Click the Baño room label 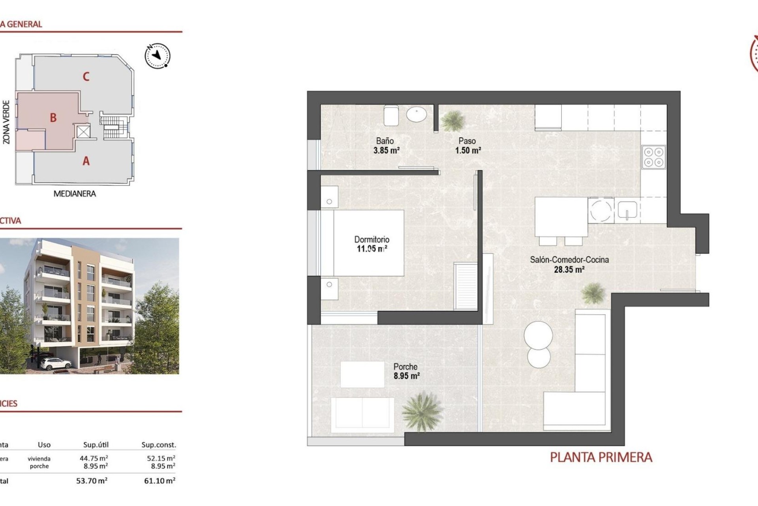385,141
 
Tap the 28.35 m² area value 569,270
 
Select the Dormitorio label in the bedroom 371,240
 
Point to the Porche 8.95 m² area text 406,376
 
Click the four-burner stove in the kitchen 654,157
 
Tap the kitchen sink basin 627,210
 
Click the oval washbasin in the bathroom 417,115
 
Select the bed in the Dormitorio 368,243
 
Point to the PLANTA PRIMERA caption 601,457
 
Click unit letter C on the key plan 86,76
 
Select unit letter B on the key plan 53,117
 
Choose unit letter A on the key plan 86,161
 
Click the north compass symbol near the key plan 158,55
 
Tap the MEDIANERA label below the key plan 75,194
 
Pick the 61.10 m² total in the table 159,481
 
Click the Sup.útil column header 96,445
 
